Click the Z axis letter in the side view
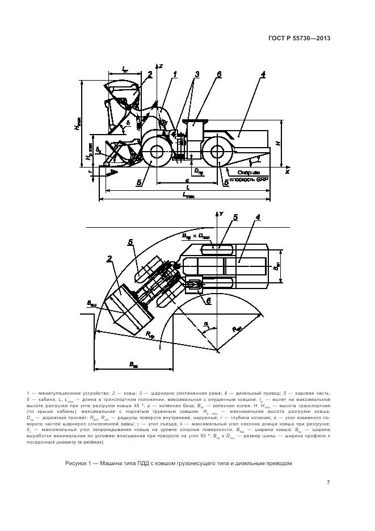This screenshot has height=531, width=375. click(161, 66)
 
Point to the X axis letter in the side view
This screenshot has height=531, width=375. click(287, 170)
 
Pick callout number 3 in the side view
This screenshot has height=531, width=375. click(197, 74)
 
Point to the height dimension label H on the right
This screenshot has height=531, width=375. click(278, 144)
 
